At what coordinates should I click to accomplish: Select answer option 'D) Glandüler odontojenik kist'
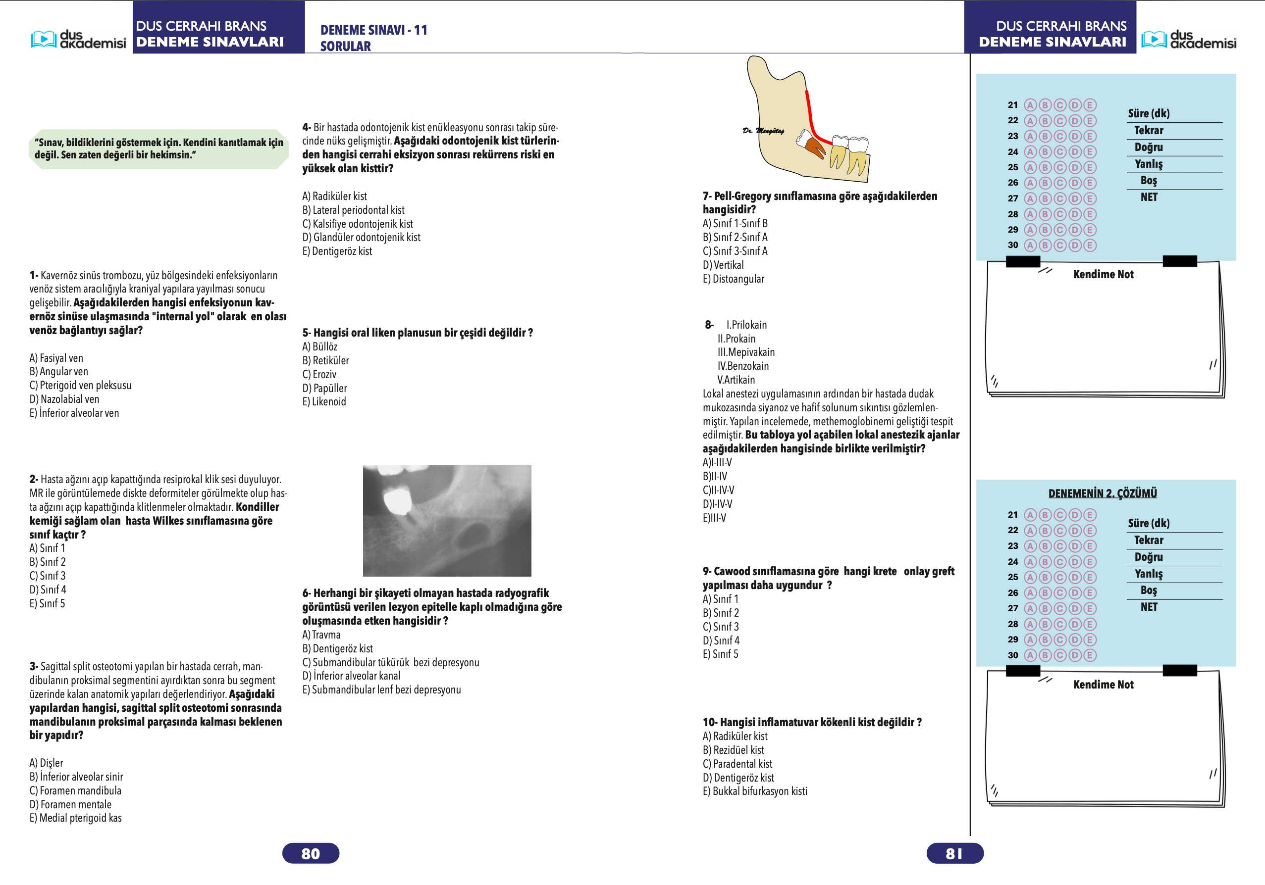(361, 238)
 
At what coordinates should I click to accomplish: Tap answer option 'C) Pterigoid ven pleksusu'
(80, 386)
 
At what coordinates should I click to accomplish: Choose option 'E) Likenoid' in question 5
(324, 401)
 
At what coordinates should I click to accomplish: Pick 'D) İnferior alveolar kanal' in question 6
(351, 676)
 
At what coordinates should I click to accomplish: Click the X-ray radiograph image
(447, 520)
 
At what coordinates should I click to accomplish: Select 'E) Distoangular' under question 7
(734, 279)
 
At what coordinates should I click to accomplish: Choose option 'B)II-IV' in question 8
(715, 476)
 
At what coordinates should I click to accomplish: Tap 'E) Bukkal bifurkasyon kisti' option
(755, 791)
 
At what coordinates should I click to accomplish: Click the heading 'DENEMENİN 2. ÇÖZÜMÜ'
(1103, 493)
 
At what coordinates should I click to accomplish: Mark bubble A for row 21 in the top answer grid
(1030, 105)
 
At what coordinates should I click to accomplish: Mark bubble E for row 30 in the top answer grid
(1090, 245)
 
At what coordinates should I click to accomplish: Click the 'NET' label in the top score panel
(1149, 197)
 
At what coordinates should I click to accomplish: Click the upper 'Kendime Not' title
(1103, 274)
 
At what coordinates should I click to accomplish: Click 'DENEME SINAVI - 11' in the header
(373, 30)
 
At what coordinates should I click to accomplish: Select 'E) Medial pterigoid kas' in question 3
(75, 818)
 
